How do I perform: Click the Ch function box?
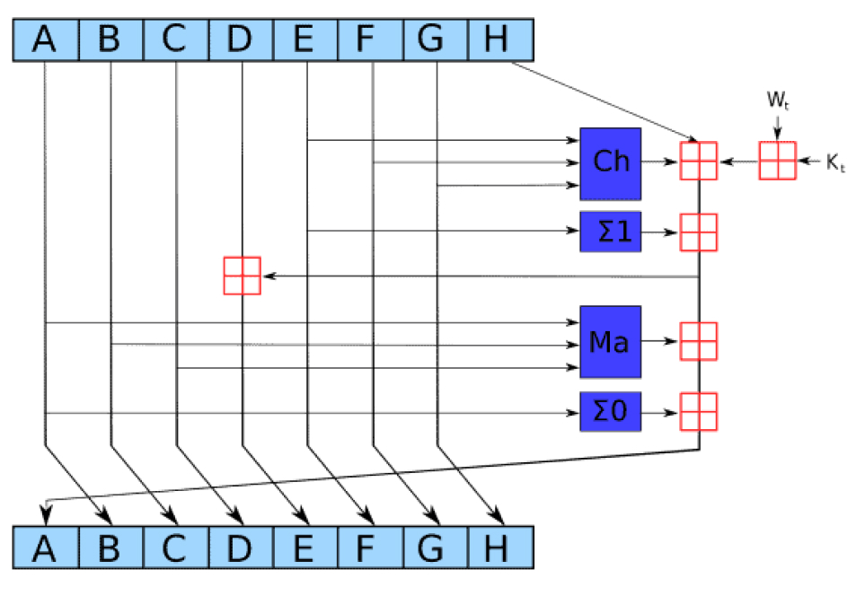coord(610,162)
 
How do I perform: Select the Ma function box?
coord(610,342)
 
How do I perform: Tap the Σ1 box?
coord(610,232)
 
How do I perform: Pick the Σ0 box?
coord(610,413)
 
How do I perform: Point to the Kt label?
coord(836,162)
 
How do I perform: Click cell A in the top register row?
coord(46,40)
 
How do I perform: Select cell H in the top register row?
coord(501,40)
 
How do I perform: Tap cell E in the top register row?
coord(305,40)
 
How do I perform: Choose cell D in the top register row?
coord(241,40)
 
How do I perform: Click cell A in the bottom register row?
coord(46,547)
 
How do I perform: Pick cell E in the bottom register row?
coord(305,547)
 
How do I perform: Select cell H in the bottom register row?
coord(501,547)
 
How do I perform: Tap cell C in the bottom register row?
coord(175,547)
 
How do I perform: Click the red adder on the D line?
coord(242,276)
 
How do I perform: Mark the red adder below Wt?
coord(778,162)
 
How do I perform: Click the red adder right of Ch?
coord(698,162)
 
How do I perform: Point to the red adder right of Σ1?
coord(698,232)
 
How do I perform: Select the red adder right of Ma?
coord(698,341)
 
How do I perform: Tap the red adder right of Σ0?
coord(698,412)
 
